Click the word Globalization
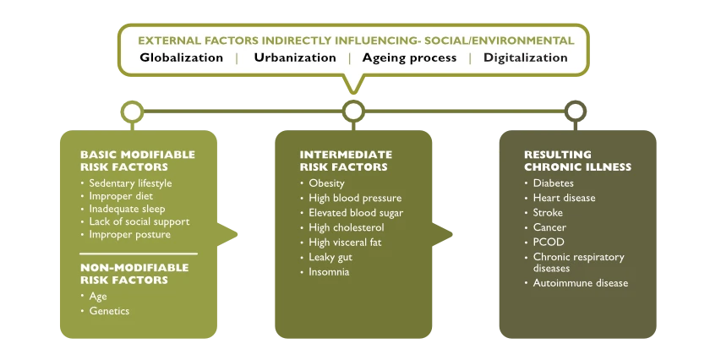pyautogui.click(x=181, y=57)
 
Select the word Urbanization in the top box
pyautogui.click(x=295, y=57)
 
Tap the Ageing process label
pyautogui.click(x=409, y=58)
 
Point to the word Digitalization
pyautogui.click(x=525, y=58)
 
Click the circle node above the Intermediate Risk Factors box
pyautogui.click(x=353, y=102)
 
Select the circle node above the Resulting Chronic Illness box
pyautogui.click(x=575, y=102)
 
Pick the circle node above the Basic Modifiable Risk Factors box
pyautogui.click(x=132, y=102)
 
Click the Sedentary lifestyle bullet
pyautogui.click(x=130, y=183)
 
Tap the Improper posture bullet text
pyautogui.click(x=129, y=234)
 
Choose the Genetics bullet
pyautogui.click(x=109, y=311)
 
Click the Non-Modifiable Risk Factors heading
pyautogui.click(x=134, y=274)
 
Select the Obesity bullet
pyautogui.click(x=326, y=183)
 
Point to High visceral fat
pyautogui.click(x=345, y=242)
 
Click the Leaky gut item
pyautogui.click(x=330, y=257)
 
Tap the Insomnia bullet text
pyautogui.click(x=329, y=272)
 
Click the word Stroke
pyautogui.click(x=548, y=212)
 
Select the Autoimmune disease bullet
pyautogui.click(x=581, y=283)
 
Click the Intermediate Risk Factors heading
pyautogui.click(x=346, y=161)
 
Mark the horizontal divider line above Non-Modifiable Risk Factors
pyautogui.click(x=139, y=254)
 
